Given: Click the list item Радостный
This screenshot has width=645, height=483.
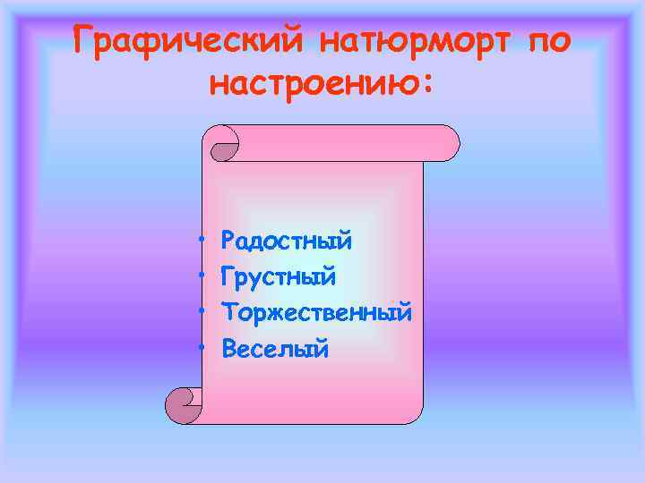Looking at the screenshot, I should tap(287, 241).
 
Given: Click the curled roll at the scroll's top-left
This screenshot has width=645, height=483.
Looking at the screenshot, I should tap(222, 143).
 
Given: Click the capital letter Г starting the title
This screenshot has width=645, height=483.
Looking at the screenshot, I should tap(85, 41).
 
